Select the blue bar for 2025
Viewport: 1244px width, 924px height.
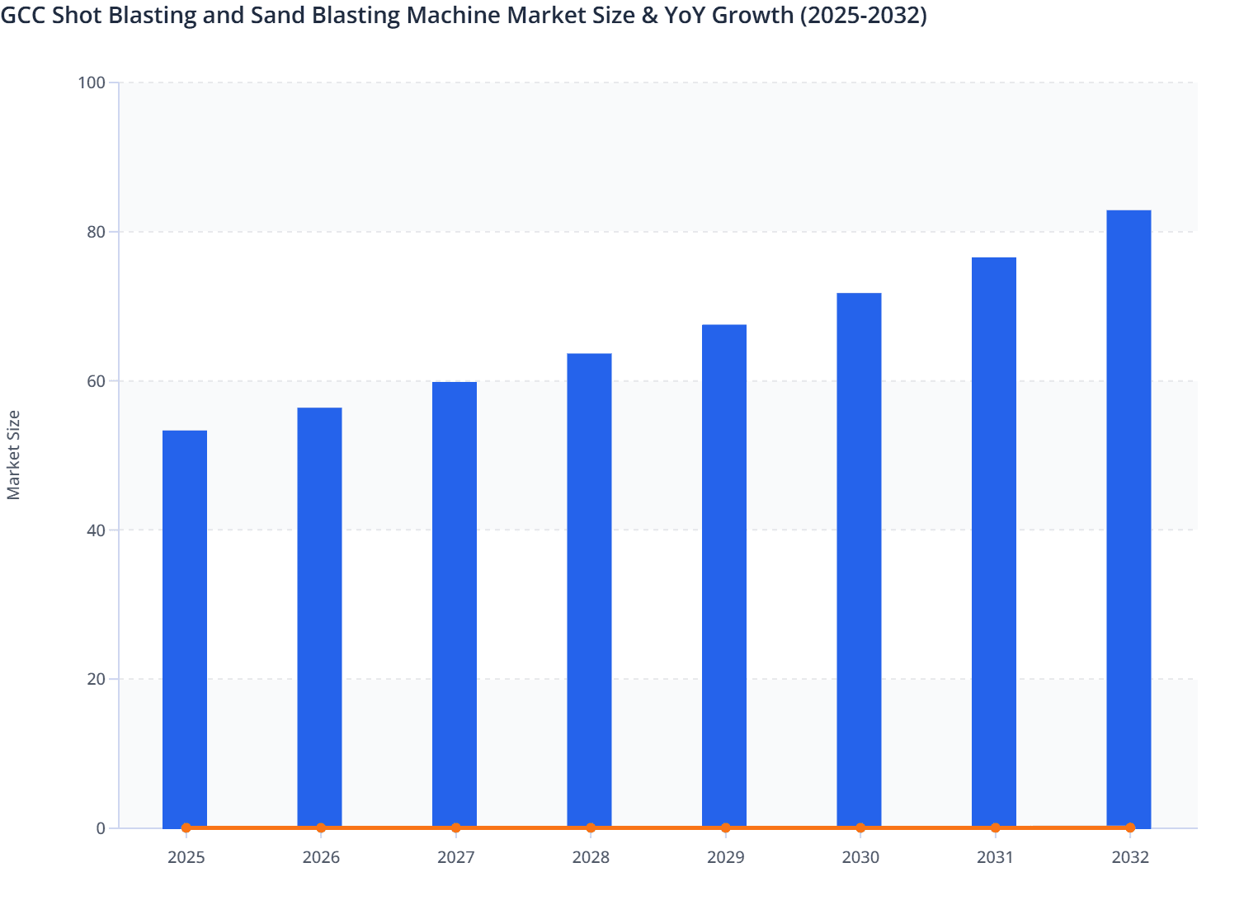(x=185, y=627)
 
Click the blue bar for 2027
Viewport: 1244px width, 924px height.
(x=455, y=602)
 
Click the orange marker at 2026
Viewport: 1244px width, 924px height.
(x=321, y=827)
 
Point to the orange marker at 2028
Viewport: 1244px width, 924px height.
(x=591, y=827)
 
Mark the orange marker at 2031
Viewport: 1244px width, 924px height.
(x=995, y=827)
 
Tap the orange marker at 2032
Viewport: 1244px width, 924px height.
(x=1130, y=827)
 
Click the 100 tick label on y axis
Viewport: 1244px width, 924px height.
(x=91, y=82)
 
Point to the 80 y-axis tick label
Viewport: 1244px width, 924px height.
(x=95, y=232)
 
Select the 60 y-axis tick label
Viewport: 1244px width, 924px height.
(x=95, y=381)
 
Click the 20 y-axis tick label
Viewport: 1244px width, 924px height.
(x=95, y=679)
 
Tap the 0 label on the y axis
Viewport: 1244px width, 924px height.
(x=100, y=828)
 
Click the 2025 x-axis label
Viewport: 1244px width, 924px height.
(x=186, y=857)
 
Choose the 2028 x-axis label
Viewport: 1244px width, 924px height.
(x=591, y=857)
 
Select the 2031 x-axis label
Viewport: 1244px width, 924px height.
(x=995, y=857)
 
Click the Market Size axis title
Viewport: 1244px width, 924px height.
(x=14, y=455)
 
